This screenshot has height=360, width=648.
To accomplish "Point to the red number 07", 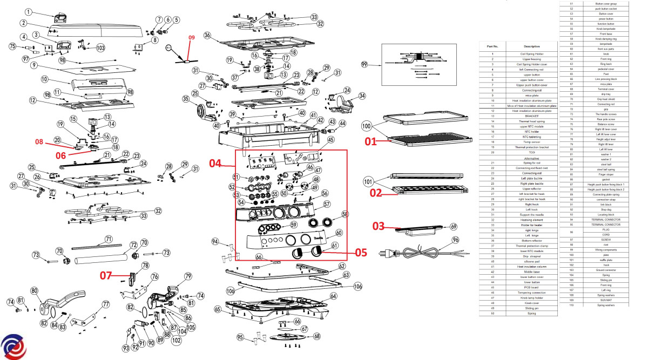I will [x=106, y=275].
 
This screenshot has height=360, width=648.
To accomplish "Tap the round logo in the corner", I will [x=14, y=345].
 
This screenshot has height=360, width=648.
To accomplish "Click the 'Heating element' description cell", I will [x=531, y=220].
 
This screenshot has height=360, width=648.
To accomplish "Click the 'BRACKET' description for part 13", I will [x=531, y=116].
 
